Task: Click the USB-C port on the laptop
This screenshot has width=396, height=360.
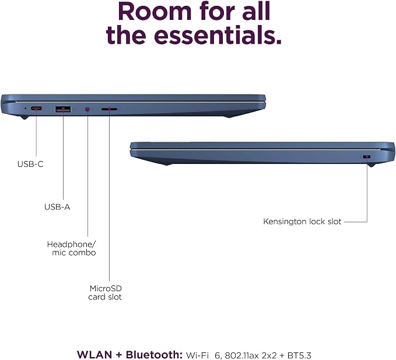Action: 36,109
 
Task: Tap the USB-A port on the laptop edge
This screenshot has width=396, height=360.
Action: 63,109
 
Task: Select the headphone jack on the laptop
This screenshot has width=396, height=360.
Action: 87,109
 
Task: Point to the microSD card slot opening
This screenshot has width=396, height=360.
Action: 109,109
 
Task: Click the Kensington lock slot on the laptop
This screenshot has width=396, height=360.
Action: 367,156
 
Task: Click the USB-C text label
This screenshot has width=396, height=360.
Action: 30,164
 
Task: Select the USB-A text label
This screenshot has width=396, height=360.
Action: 57,207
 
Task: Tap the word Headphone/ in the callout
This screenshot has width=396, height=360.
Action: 72,244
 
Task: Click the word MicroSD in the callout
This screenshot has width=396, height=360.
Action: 106,288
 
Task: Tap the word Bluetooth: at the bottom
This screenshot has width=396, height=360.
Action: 154,355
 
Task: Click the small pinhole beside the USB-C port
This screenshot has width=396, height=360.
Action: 25,109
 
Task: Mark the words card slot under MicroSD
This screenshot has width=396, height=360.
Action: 105,297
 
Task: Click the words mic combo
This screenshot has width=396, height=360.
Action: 74,253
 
